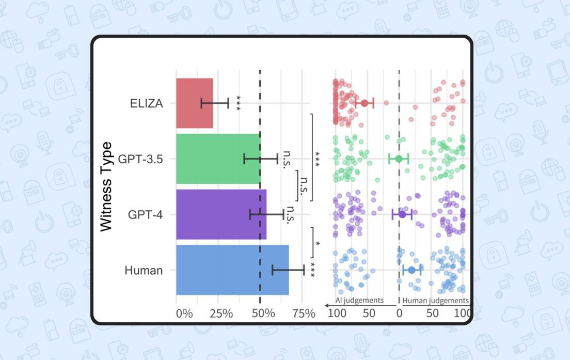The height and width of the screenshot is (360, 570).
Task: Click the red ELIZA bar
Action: click(194, 103)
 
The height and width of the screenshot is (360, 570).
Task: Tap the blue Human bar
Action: click(232, 270)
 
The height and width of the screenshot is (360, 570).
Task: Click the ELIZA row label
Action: click(147, 104)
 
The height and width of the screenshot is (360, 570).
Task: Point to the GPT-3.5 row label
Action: click(140, 159)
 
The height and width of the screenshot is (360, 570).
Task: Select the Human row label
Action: click(144, 270)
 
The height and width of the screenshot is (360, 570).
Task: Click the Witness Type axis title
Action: click(106, 186)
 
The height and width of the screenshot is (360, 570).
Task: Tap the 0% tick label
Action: click(184, 314)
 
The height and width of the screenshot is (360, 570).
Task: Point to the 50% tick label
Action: click(263, 314)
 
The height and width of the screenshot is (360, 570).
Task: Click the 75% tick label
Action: click(303, 314)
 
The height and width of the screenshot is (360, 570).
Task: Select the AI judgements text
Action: click(359, 300)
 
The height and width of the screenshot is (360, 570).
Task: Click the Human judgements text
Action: click(435, 300)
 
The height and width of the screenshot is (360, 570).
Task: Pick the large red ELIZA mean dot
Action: click(365, 103)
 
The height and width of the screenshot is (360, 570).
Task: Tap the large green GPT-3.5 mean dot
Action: click(399, 159)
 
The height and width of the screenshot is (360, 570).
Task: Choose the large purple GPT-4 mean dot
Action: click(402, 214)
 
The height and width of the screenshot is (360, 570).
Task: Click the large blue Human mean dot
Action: click(411, 270)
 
